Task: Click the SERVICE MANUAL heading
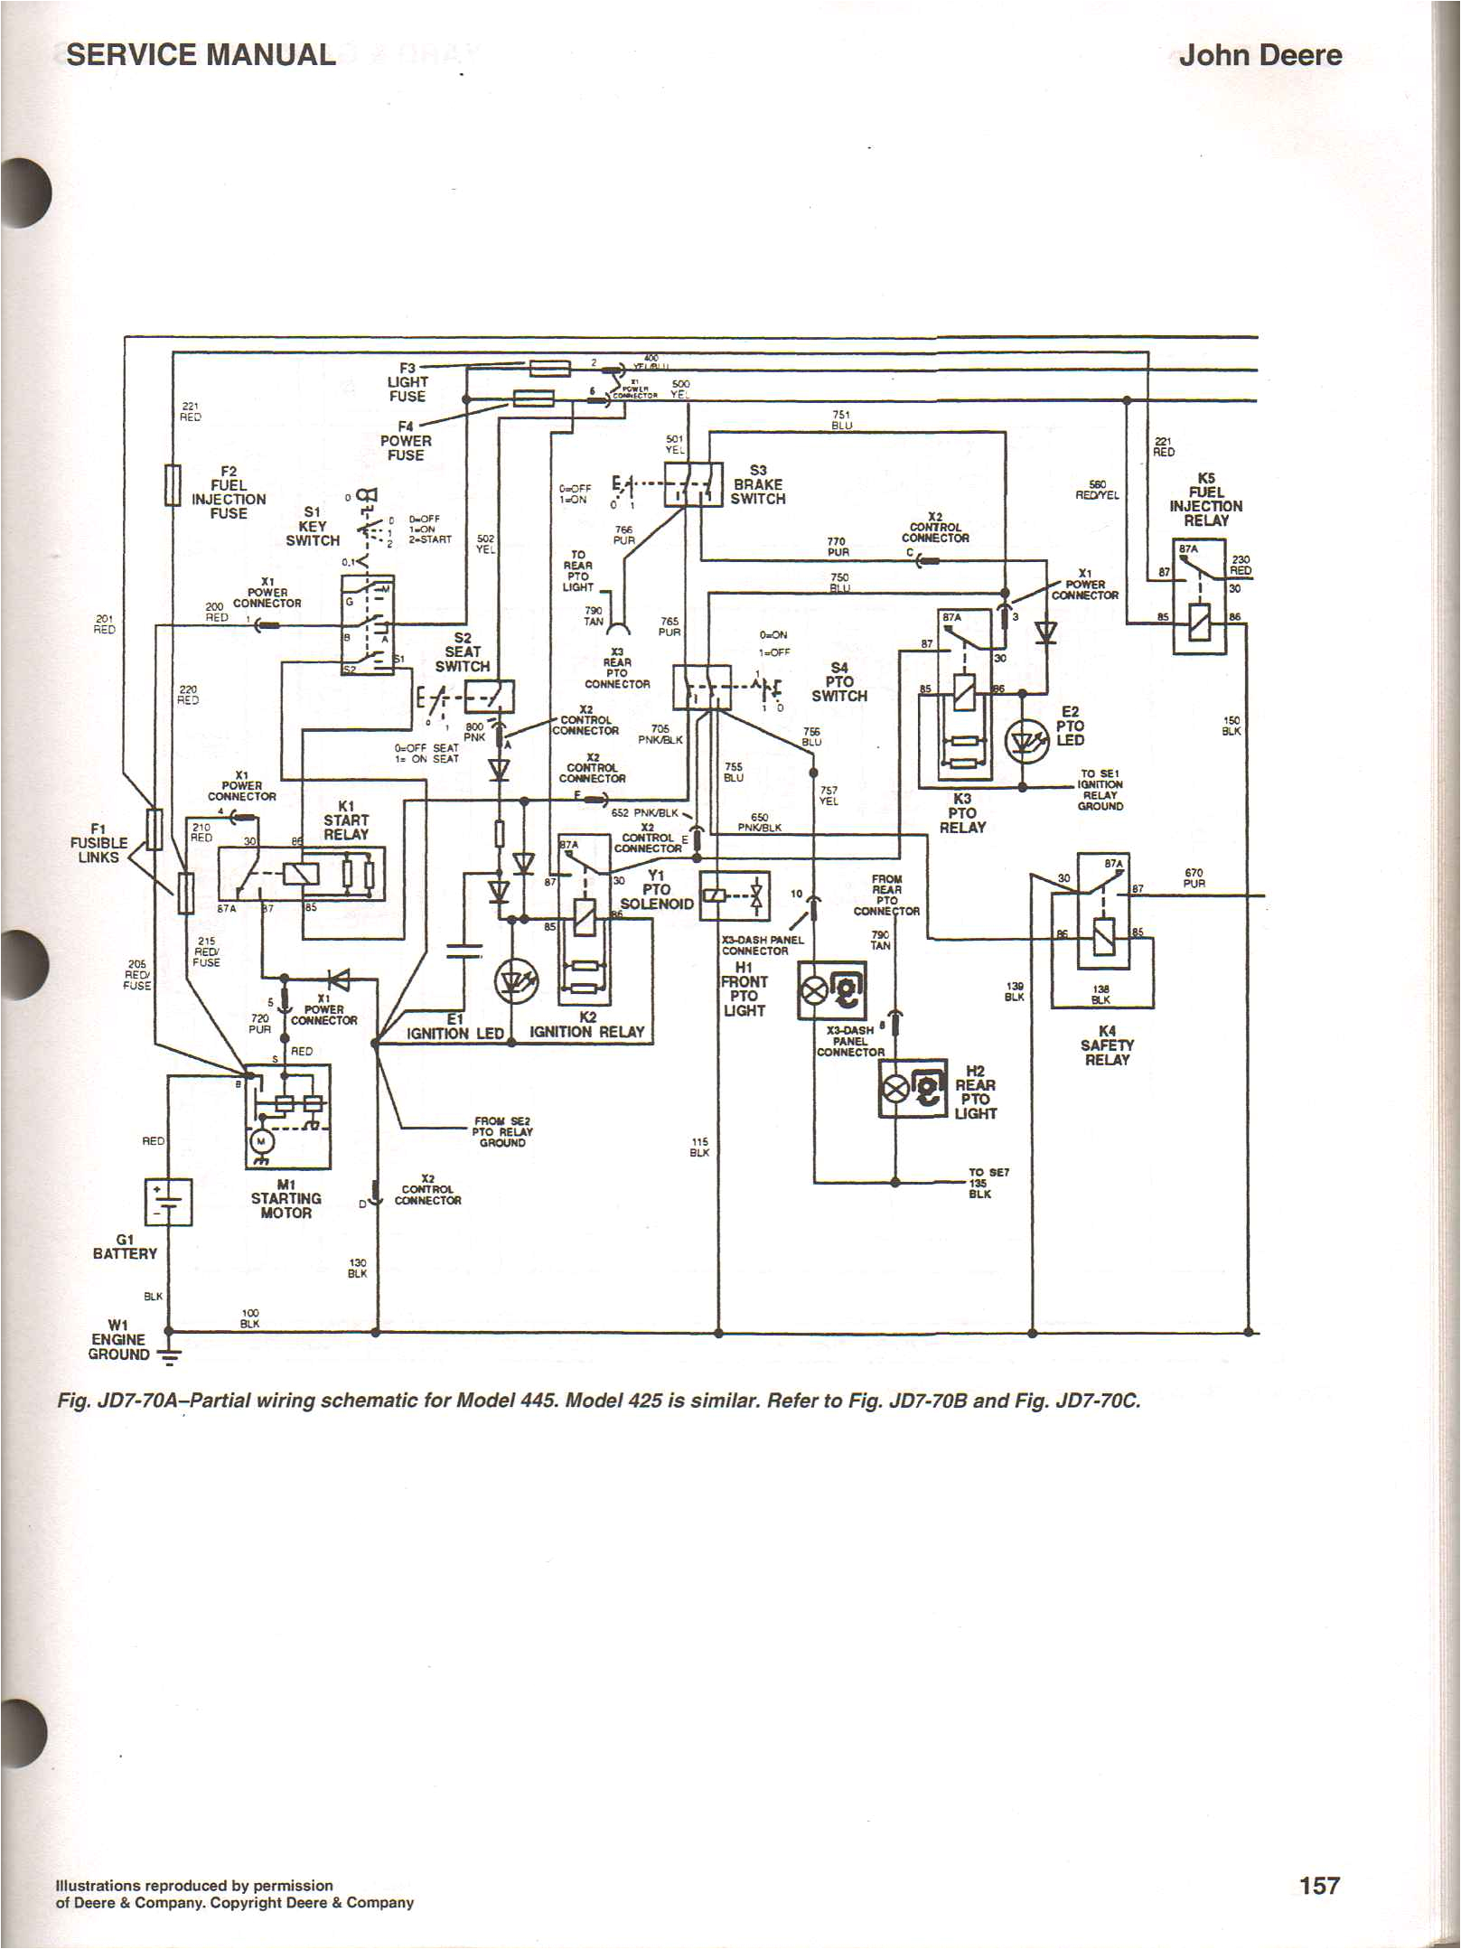tap(201, 54)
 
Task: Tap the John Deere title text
tap(1260, 54)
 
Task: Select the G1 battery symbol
tap(168, 1203)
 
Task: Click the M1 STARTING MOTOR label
tap(286, 1198)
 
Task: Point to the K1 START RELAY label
tap(346, 820)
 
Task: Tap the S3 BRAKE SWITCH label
tap(758, 484)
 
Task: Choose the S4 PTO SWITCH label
tap(838, 682)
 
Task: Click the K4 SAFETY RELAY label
tap(1106, 1045)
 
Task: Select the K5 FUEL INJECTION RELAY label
tap(1206, 499)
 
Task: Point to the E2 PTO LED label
tap(1070, 726)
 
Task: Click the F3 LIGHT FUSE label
tap(407, 382)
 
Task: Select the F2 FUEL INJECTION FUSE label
tap(229, 492)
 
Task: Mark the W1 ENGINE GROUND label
tap(117, 1339)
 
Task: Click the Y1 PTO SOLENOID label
tap(657, 889)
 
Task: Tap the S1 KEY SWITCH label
tap(313, 526)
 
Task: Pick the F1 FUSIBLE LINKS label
tap(98, 842)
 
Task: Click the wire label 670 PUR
tap(1194, 878)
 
